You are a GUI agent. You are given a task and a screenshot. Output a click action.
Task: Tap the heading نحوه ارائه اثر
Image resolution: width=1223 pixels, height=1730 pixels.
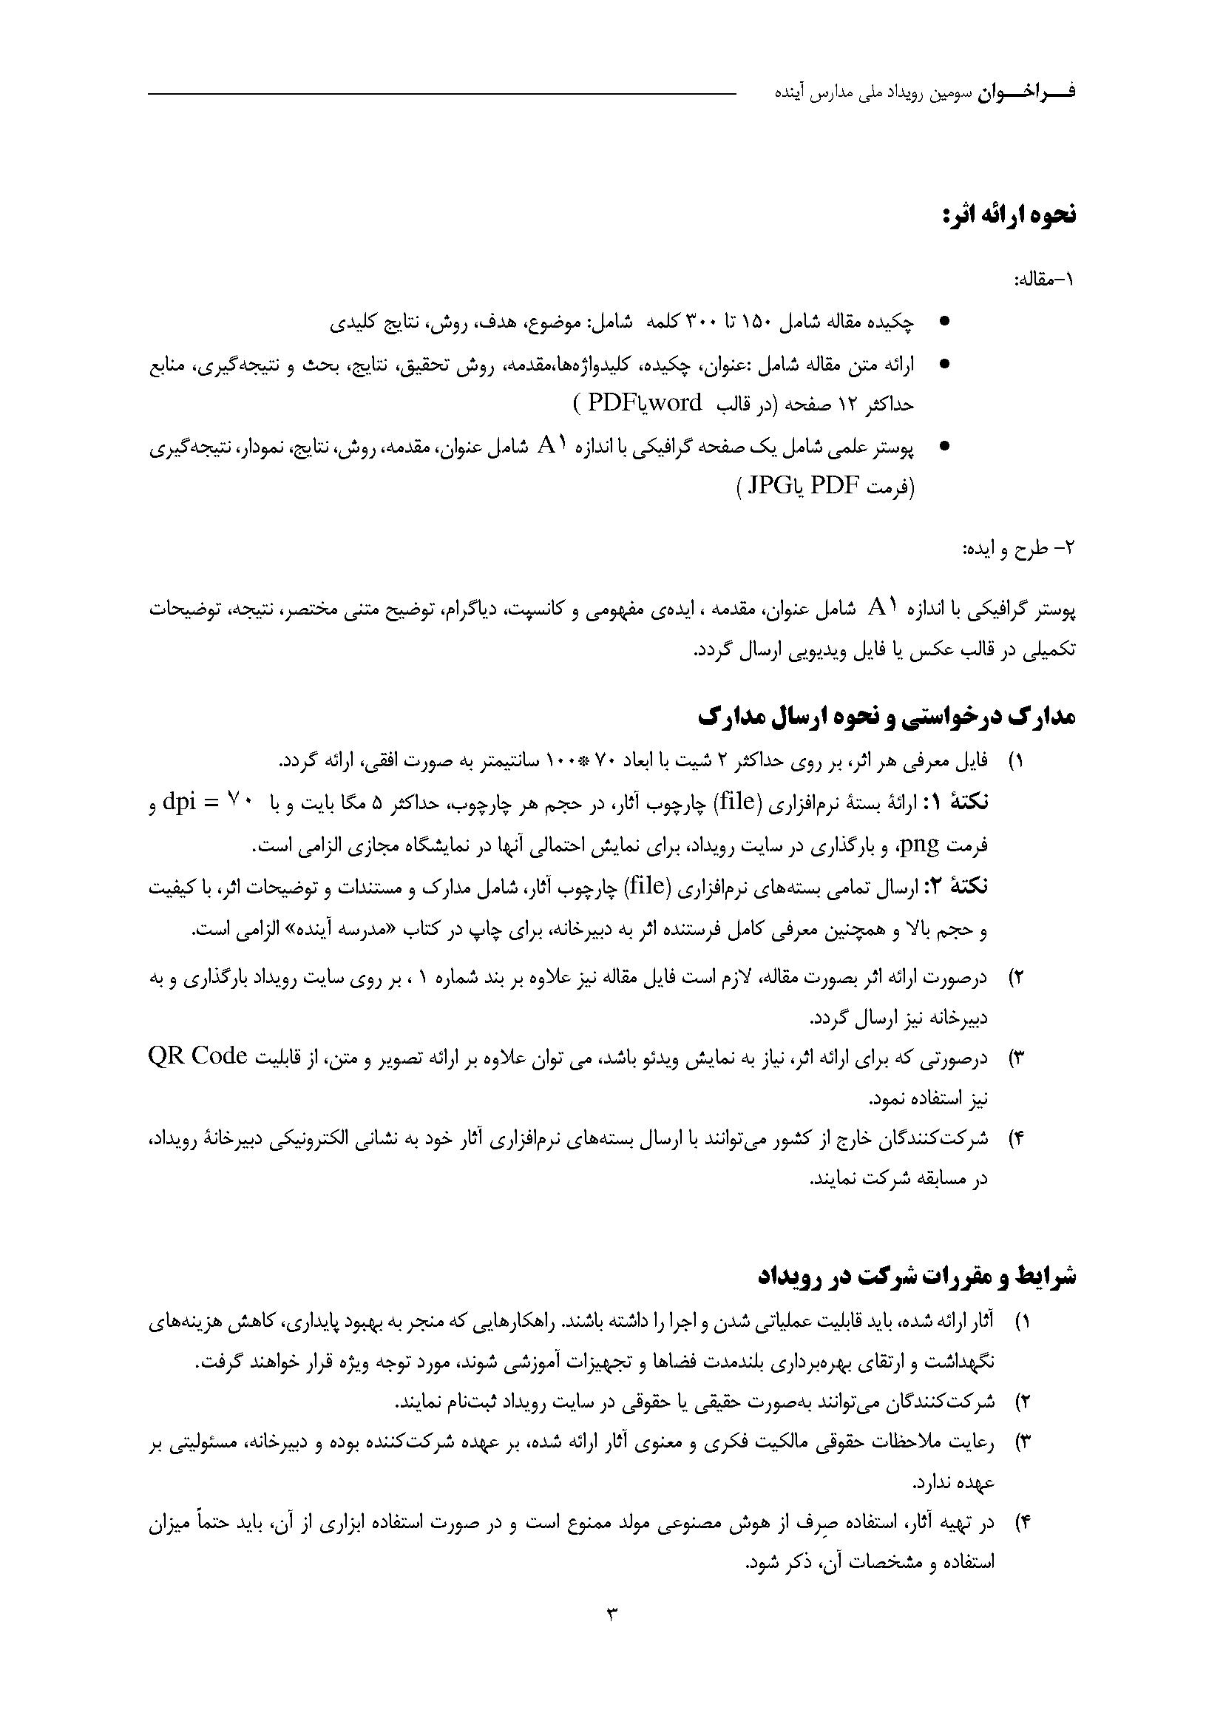click(1009, 215)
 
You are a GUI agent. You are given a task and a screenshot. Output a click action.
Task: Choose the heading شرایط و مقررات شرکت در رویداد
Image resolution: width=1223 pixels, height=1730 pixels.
click(916, 1277)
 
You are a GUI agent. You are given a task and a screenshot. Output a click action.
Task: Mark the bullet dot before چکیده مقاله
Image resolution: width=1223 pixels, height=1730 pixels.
click(944, 322)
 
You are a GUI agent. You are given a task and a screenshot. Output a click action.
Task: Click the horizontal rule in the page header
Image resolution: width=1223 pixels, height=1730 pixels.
click(441, 94)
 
